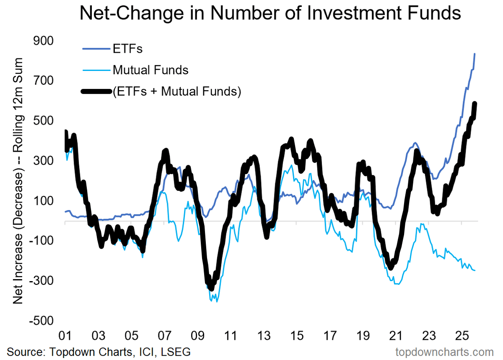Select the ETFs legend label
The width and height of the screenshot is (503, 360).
pyautogui.click(x=127, y=49)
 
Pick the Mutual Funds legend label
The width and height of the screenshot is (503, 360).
pyautogui.click(x=150, y=70)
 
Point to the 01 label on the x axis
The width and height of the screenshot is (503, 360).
pyautogui.click(x=65, y=336)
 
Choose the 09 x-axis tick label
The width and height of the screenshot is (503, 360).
pyautogui.click(x=197, y=336)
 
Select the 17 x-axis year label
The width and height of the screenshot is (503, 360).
pyautogui.click(x=329, y=336)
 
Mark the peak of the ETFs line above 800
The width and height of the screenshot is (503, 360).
pyautogui.click(x=474, y=54)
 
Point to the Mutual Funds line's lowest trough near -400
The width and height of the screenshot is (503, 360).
pyautogui.click(x=216, y=301)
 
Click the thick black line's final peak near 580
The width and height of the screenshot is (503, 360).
pyautogui.click(x=475, y=104)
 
